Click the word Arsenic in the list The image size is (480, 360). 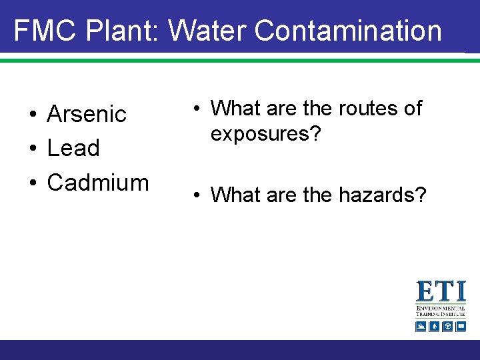[x=87, y=114]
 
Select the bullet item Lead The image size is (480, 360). [x=73, y=148]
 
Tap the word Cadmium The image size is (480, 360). [x=98, y=182]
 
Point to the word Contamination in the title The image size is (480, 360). [x=348, y=31]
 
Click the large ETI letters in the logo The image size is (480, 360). [x=441, y=292]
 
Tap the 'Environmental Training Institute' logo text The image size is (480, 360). [x=441, y=312]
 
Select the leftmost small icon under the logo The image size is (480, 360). [x=421, y=326]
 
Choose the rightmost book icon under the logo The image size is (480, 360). [x=461, y=326]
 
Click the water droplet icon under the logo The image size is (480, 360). [x=434, y=326]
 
